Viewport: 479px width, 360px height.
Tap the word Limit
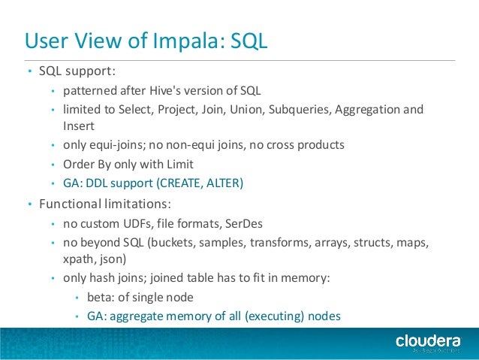tap(179, 163)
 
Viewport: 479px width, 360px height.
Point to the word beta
tap(101, 297)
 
